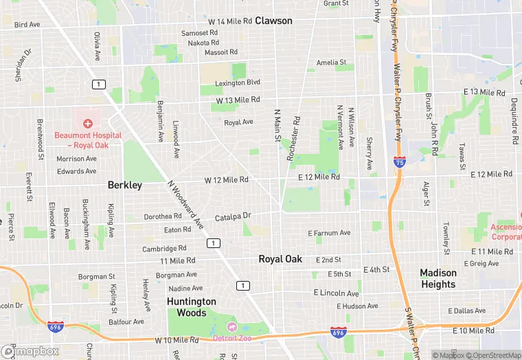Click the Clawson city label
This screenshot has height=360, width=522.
273,21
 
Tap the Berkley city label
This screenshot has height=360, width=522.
125,185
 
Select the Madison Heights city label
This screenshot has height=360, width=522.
438,278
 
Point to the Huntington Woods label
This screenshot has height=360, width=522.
192,307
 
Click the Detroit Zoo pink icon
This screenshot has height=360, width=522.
231,326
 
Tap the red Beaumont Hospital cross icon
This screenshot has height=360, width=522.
88,124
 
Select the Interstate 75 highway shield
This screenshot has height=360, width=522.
400,162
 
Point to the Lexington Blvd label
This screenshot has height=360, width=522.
238,82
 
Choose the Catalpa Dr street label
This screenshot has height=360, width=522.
234,216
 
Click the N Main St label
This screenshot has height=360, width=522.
277,126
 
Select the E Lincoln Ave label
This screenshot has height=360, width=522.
337,293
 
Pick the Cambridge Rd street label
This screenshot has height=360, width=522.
164,249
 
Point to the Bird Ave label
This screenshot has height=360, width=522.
27,25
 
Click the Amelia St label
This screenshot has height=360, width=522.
331,63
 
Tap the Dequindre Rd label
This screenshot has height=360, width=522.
514,120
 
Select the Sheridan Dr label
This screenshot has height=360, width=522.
22,65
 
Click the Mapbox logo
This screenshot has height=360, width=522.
30,351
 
